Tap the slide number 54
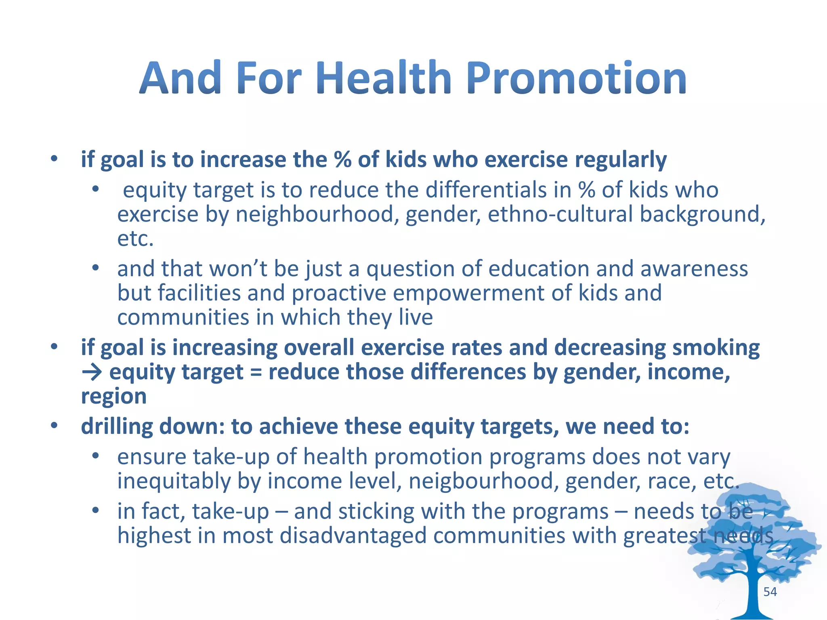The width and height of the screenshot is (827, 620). pyautogui.click(x=770, y=592)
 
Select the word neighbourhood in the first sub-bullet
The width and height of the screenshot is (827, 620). pyautogui.click(x=314, y=214)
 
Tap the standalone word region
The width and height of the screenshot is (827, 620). pyautogui.click(x=113, y=396)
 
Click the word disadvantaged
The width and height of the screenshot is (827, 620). pyautogui.click(x=353, y=536)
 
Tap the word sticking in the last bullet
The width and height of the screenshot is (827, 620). pyautogui.click(x=376, y=512)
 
